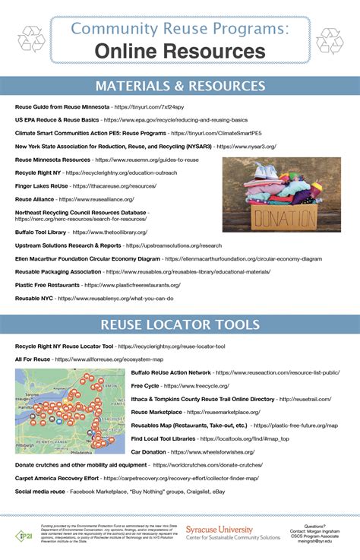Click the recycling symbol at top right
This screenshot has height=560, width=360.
click(x=329, y=40)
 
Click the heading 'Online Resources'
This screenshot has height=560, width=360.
click(x=180, y=51)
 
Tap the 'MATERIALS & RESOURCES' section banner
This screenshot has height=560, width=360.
click(x=180, y=85)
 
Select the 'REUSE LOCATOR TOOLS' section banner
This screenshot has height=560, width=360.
click(x=180, y=326)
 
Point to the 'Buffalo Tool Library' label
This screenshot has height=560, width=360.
click(x=39, y=232)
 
